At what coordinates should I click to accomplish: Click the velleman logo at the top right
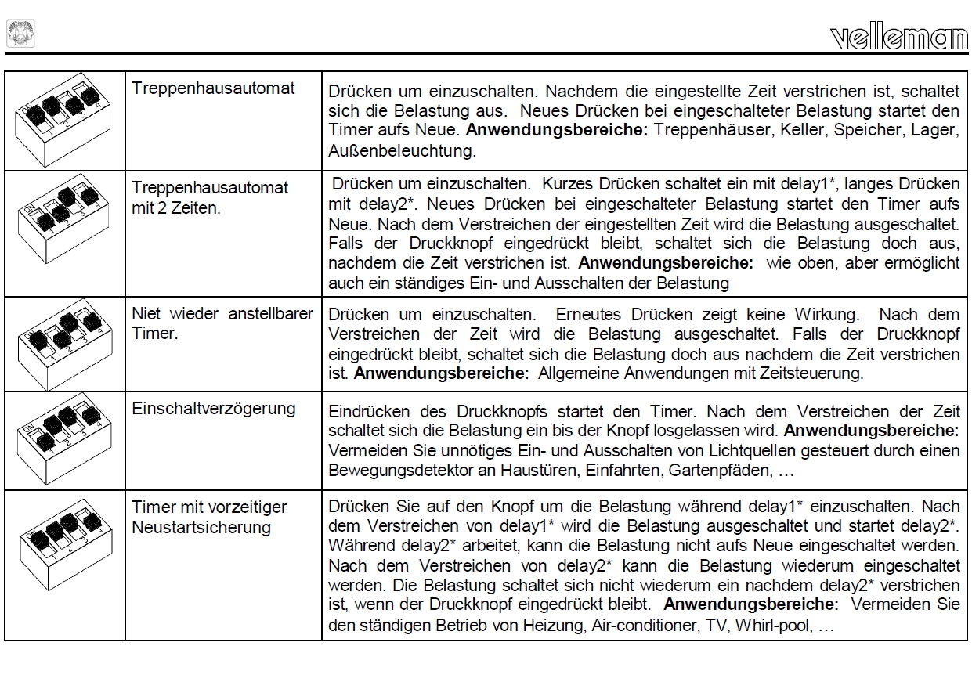(x=898, y=36)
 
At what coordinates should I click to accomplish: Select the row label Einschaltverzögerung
(x=214, y=409)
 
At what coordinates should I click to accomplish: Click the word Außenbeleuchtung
(x=402, y=151)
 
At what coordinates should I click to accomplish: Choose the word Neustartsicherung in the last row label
(x=201, y=527)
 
